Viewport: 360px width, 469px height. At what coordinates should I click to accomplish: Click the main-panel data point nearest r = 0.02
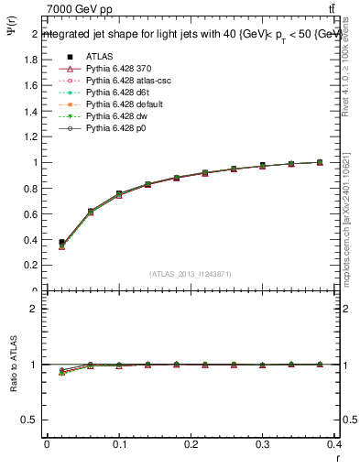tap(61, 243)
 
